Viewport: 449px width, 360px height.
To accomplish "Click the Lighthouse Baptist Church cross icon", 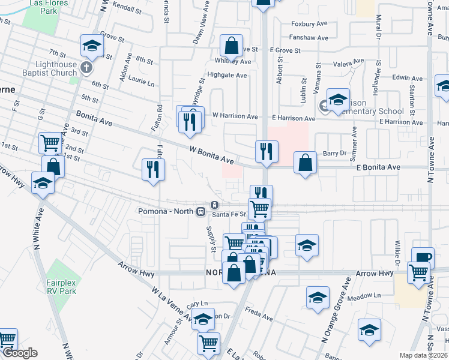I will (86, 67).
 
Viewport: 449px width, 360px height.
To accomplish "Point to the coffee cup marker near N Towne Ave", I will (423, 257).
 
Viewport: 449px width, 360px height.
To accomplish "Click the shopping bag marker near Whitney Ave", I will (231, 46).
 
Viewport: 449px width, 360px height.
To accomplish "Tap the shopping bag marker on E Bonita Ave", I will (306, 162).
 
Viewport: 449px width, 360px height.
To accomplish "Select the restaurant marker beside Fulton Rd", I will (153, 169).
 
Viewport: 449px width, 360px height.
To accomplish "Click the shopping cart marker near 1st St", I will (50, 143).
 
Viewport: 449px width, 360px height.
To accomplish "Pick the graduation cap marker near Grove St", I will (92, 46).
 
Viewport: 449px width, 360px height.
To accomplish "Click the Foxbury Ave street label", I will (309, 25).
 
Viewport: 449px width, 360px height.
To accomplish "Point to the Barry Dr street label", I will (335, 154).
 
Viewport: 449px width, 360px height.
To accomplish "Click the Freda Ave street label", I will (259, 313).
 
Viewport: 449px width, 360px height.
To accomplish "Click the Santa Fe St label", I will (229, 214).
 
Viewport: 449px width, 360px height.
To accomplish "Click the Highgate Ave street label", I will (227, 76).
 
